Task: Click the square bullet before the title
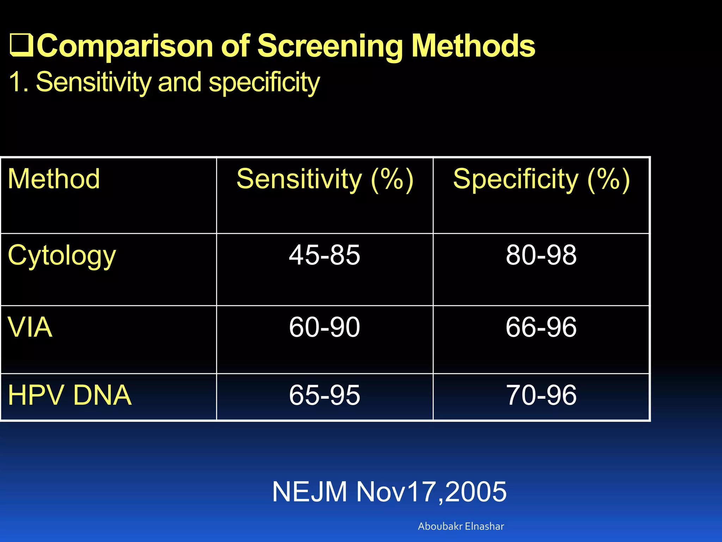click(x=22, y=46)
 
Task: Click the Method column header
click(x=54, y=179)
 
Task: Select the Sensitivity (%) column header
click(x=325, y=179)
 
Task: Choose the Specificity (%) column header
click(x=541, y=179)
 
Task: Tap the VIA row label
click(x=30, y=327)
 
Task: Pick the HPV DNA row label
click(x=69, y=395)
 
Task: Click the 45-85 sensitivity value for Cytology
click(x=324, y=255)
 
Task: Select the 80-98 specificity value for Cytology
click(x=541, y=255)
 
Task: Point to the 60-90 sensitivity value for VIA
click(x=324, y=327)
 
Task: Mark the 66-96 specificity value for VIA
click(x=541, y=327)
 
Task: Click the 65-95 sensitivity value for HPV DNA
click(x=324, y=395)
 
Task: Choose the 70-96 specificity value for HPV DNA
click(x=541, y=395)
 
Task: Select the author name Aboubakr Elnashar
click(x=461, y=526)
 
